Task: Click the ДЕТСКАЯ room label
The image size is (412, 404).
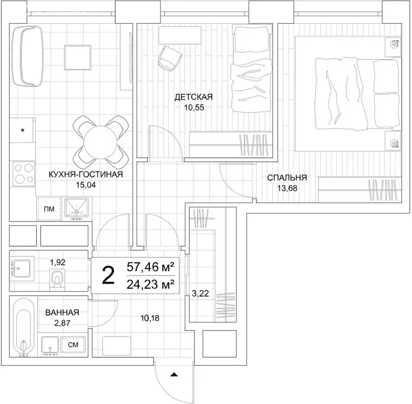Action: point(193,97)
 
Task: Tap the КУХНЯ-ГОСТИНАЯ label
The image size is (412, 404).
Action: point(86,175)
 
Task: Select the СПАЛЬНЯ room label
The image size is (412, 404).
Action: point(287,178)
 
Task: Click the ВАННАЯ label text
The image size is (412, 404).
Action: point(62,312)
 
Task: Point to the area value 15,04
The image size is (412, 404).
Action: point(86,185)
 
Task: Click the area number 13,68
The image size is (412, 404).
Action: point(287,188)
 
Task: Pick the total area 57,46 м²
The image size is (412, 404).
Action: point(150,267)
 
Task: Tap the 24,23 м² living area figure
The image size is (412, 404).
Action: point(150,284)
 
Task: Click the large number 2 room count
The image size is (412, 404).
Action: point(108,276)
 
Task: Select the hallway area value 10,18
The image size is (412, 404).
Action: point(150,318)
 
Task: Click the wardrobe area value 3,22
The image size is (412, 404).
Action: point(200,294)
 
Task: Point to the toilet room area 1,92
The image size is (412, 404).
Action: point(58,262)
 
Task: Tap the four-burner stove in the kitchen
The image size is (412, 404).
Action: point(24,174)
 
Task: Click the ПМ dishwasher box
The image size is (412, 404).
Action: point(49,209)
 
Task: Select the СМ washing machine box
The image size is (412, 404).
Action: point(73,345)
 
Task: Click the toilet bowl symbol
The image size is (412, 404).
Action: point(57,279)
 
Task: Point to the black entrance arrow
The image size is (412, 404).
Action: point(174,375)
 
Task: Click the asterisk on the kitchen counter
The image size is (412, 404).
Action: point(23,130)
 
